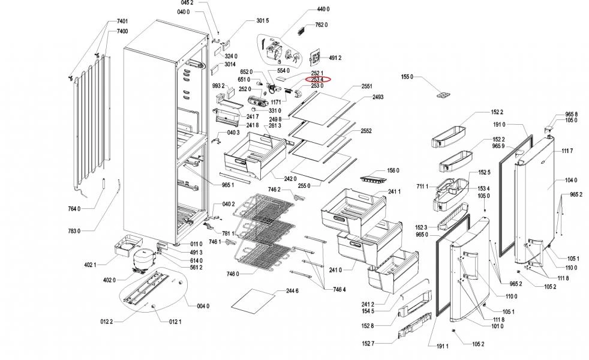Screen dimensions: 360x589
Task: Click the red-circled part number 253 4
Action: pyautogui.click(x=317, y=79)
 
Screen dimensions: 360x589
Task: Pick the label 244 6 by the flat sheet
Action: pyautogui.click(x=292, y=291)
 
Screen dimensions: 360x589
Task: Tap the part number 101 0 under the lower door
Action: pyautogui.click(x=480, y=326)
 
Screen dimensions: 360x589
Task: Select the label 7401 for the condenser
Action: pyautogui.click(x=122, y=22)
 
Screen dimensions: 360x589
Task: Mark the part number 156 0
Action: pyautogui.click(x=393, y=170)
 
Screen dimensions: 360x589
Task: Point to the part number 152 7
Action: pyautogui.click(x=368, y=343)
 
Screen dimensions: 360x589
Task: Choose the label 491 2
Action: pyautogui.click(x=335, y=58)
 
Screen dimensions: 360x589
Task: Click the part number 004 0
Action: pyautogui.click(x=203, y=306)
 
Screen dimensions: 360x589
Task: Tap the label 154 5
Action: pyautogui.click(x=368, y=311)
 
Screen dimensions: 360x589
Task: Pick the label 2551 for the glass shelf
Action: pyautogui.click(x=368, y=86)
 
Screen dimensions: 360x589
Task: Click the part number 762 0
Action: pyautogui.click(x=321, y=25)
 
